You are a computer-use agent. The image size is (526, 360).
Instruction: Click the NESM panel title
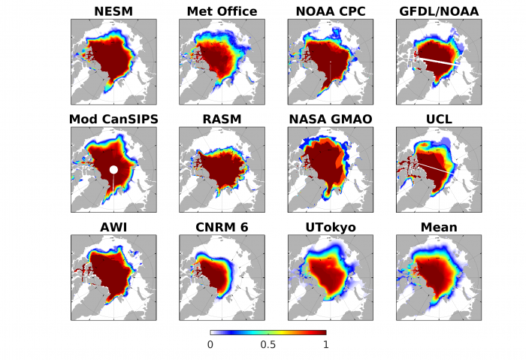click(x=113, y=11)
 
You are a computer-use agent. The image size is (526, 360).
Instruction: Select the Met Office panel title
click(x=222, y=11)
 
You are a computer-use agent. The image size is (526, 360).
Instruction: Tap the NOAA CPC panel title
click(x=331, y=11)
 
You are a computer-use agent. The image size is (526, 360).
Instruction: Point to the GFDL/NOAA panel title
click(x=440, y=11)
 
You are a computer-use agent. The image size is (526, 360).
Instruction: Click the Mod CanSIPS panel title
click(x=113, y=119)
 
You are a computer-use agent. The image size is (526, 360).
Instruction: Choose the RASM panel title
click(x=222, y=119)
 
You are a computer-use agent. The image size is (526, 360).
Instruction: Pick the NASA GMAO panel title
click(x=331, y=119)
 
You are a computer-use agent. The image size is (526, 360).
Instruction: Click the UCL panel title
click(x=440, y=119)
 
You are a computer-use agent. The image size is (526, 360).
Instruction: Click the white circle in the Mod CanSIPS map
click(x=113, y=170)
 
